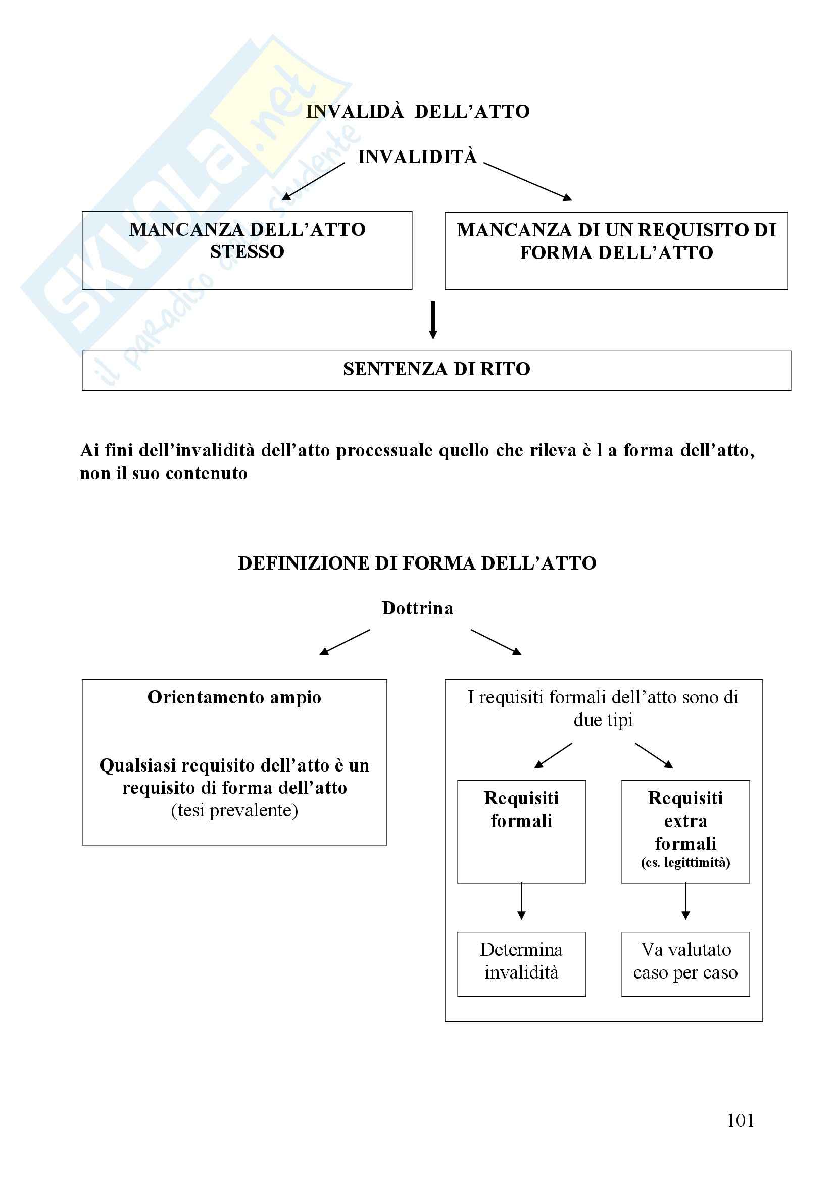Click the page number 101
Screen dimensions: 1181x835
[x=741, y=1120]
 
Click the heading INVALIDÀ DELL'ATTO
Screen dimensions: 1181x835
[x=418, y=111]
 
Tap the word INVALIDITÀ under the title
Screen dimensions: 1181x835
[x=417, y=157]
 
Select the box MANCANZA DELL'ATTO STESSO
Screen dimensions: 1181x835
[x=247, y=250]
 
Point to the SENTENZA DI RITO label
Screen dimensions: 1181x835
[x=436, y=369]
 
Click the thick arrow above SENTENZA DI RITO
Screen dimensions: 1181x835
[x=433, y=320]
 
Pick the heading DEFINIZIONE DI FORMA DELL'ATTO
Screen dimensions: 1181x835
[x=417, y=563]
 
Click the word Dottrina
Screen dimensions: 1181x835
[x=417, y=608]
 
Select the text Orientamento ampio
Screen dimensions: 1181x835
[x=234, y=697]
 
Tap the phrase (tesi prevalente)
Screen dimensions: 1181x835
[x=234, y=811]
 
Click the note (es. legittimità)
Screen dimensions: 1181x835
[x=685, y=862]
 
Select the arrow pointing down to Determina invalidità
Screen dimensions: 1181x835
[x=521, y=901]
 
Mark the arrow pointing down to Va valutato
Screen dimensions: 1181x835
[x=685, y=901]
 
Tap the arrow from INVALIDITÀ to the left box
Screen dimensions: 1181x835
[x=313, y=182]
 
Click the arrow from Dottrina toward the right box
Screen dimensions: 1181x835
[x=496, y=642]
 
